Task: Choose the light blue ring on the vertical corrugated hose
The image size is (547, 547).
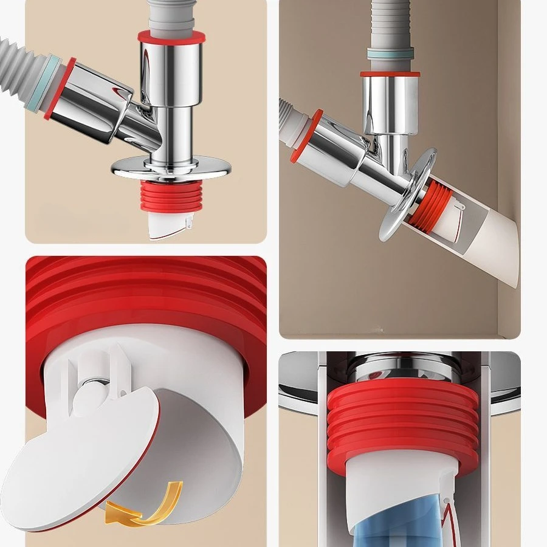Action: pyautogui.click(x=390, y=55)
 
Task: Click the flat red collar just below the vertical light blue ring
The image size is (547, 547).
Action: pyautogui.click(x=390, y=74)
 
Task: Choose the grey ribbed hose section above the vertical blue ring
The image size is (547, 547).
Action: pyautogui.click(x=389, y=24)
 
